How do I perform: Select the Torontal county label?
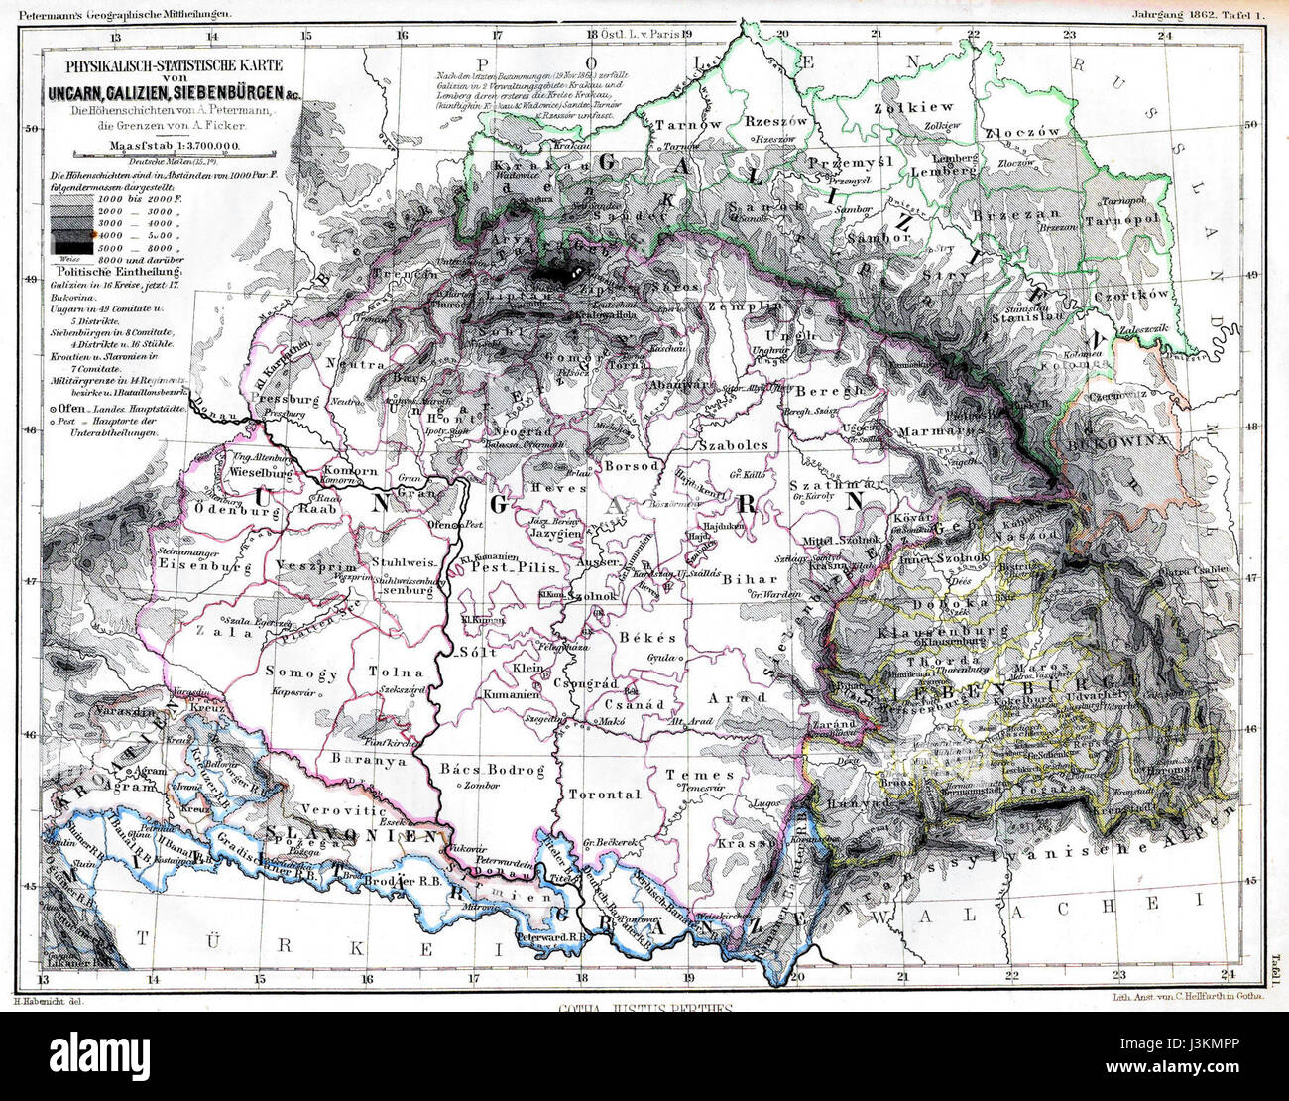(x=602, y=795)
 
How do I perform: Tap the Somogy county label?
(x=301, y=673)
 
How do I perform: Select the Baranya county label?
(x=369, y=762)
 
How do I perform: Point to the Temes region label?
(x=700, y=774)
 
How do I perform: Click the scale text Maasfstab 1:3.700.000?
(x=160, y=146)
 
